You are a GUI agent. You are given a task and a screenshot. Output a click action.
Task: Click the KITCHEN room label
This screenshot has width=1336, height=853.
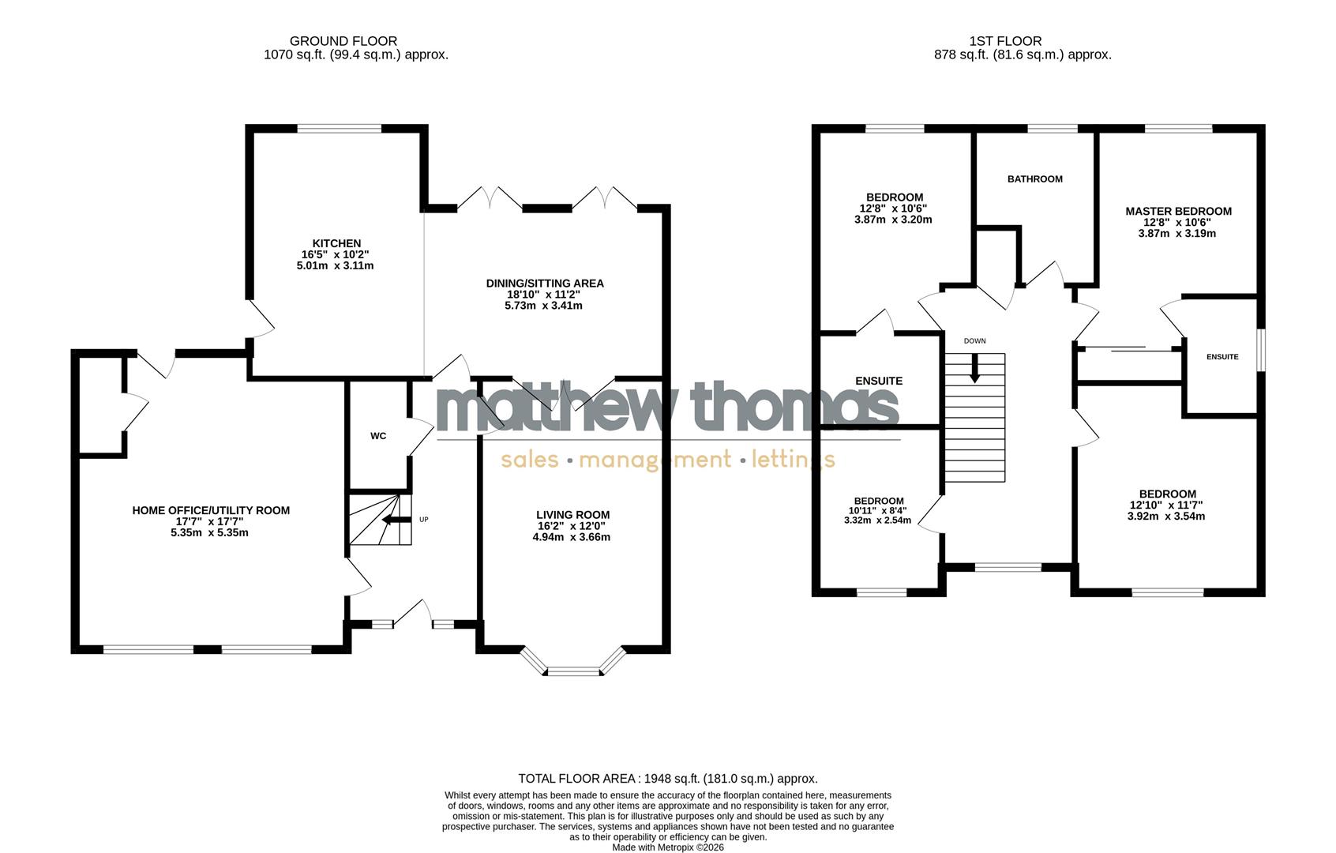pyautogui.click(x=336, y=243)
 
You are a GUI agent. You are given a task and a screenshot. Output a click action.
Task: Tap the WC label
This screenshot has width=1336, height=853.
pyautogui.click(x=378, y=436)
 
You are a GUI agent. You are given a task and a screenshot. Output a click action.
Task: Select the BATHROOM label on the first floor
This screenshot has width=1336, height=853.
pyautogui.click(x=1034, y=179)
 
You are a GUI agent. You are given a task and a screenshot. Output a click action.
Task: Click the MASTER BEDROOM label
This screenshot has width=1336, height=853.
pyautogui.click(x=1178, y=211)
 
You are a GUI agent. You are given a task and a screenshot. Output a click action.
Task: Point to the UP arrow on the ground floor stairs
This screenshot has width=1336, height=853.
pyautogui.click(x=396, y=520)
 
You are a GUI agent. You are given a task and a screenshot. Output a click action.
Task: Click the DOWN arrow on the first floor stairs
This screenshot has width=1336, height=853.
pyautogui.click(x=975, y=368)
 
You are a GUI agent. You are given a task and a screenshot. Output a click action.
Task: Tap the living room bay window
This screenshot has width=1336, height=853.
pyautogui.click(x=573, y=671)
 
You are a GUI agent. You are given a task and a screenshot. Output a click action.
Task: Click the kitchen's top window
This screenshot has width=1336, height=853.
pyautogui.click(x=340, y=129)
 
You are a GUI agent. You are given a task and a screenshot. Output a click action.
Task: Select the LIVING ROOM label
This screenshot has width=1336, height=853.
pyautogui.click(x=572, y=515)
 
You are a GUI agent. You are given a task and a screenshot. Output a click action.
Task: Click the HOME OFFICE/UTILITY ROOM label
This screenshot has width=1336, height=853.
pyautogui.click(x=211, y=510)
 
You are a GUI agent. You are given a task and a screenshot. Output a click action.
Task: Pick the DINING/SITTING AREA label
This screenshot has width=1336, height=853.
pyautogui.click(x=544, y=284)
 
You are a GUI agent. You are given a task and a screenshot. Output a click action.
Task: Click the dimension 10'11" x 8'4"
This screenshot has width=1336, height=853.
pyautogui.click(x=878, y=510)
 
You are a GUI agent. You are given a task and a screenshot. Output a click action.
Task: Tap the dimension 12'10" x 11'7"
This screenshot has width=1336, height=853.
pyautogui.click(x=1166, y=505)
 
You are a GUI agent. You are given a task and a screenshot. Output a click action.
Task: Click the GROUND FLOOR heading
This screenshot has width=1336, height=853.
pyautogui.click(x=343, y=41)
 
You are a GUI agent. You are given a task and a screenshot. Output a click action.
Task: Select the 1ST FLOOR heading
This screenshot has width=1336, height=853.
pyautogui.click(x=1005, y=41)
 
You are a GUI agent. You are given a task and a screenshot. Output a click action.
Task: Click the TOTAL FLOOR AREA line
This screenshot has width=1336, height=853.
pyautogui.click(x=667, y=779)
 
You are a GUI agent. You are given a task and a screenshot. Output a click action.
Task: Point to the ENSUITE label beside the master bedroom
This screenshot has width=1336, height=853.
pyautogui.click(x=1222, y=357)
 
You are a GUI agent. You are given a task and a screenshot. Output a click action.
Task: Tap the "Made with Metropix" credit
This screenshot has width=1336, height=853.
pyautogui.click(x=667, y=847)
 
